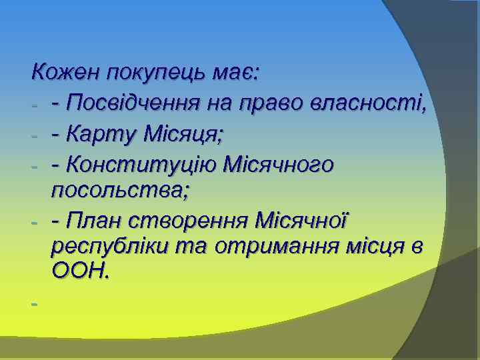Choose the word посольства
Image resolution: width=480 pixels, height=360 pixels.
120,191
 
